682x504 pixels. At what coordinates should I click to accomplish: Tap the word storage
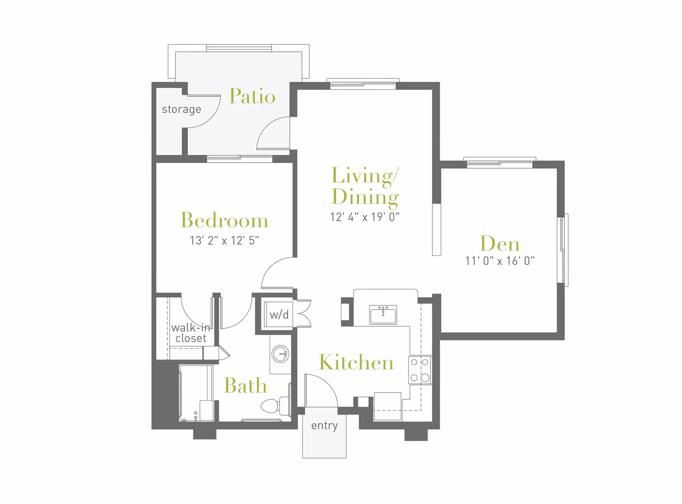182,109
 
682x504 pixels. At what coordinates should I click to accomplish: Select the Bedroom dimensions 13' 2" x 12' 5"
224,241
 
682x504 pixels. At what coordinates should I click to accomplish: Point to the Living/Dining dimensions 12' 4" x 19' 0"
365,217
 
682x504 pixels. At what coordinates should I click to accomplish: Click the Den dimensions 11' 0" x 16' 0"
500,261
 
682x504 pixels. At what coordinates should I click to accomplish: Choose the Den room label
500,244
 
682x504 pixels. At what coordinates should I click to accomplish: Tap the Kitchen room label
356,362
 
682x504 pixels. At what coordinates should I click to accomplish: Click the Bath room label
245,385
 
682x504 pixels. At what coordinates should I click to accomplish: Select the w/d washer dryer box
279,315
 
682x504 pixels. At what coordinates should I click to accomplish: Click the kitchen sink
383,315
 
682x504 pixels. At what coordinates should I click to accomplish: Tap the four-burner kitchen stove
420,370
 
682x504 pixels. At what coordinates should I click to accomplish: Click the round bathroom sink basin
281,354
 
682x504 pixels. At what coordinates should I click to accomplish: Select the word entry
324,425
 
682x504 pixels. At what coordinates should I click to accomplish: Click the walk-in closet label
191,333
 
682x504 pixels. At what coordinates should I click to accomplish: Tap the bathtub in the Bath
196,393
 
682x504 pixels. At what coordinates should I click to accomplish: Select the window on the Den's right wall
564,250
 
